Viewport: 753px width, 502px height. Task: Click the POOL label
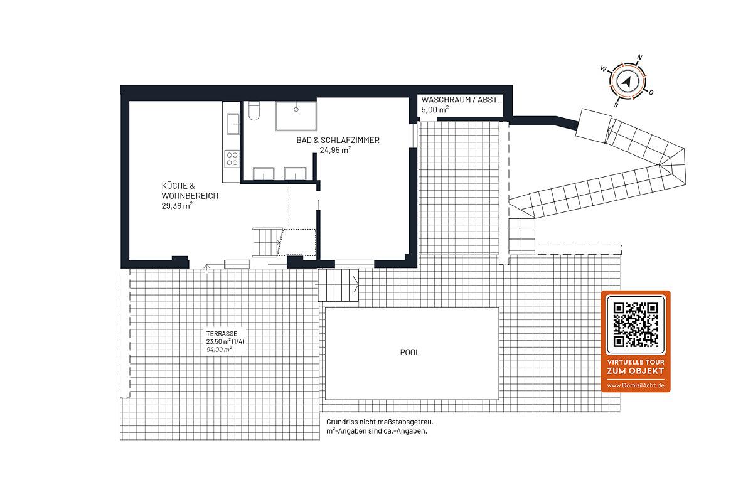[x=410, y=353]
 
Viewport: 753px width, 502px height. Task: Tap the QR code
[x=635, y=325]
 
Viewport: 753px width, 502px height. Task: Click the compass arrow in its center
[x=627, y=82]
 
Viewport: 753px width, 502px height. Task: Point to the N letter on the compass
[x=639, y=58]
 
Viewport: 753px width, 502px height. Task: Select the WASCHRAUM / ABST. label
[x=460, y=100]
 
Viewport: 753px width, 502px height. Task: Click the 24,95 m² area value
[x=335, y=150]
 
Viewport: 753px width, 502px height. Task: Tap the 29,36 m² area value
[x=177, y=205]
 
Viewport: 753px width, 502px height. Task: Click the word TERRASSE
[x=222, y=334]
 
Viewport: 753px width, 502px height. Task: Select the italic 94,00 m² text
[x=219, y=350]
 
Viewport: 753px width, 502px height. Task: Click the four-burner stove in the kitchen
[x=232, y=159]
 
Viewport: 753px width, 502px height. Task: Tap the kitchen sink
[x=233, y=124]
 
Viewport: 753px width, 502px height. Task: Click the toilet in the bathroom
[x=254, y=110]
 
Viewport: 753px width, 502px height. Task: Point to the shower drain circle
[x=296, y=109]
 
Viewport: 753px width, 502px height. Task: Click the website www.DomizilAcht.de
[x=635, y=385]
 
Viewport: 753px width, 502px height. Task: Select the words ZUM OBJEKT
[x=635, y=371]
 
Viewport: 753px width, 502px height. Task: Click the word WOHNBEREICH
[x=190, y=196]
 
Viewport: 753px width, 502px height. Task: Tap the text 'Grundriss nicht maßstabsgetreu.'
[x=380, y=422]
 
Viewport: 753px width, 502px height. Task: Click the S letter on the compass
[x=616, y=105]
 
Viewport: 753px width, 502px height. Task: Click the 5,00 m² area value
[x=435, y=109]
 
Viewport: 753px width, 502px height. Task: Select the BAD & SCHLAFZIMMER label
[x=338, y=140]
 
